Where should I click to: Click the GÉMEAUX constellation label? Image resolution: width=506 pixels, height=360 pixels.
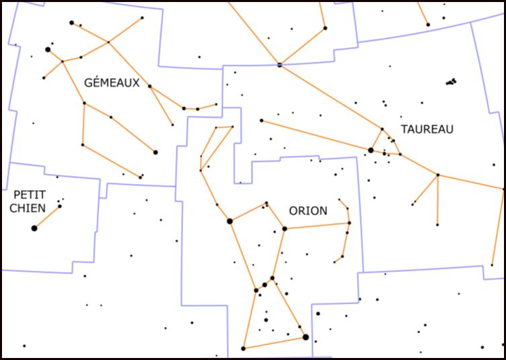pos(112,83)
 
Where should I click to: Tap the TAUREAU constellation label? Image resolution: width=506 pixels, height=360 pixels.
pos(427,128)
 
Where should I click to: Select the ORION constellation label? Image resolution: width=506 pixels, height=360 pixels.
pos(308,210)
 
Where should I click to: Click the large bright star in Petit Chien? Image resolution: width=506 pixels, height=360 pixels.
pos(34,228)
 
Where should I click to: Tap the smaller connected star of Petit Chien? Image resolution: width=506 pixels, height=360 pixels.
pos(59,206)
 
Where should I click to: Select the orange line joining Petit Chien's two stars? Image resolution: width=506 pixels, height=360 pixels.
pos(47,217)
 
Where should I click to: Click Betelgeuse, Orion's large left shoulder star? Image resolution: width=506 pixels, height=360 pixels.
pos(230,221)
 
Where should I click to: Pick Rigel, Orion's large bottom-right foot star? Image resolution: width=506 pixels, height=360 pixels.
pos(306,337)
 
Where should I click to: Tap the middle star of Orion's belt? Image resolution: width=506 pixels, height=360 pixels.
pos(264,285)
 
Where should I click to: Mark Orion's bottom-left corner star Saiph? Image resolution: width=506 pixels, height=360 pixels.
pos(243,349)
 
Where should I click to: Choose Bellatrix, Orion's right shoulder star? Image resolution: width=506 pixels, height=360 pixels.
pos(285,229)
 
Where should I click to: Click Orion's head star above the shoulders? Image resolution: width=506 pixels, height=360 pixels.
pos(266,204)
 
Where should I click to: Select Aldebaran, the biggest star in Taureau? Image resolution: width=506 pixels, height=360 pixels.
pos(370,150)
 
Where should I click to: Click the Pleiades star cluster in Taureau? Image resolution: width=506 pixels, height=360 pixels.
pos(452,82)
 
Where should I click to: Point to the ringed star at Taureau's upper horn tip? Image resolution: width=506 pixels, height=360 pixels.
pos(280,65)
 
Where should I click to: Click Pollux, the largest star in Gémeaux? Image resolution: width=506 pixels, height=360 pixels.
pos(48,50)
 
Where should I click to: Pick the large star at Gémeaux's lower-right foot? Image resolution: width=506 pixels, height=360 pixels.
pos(156,152)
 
